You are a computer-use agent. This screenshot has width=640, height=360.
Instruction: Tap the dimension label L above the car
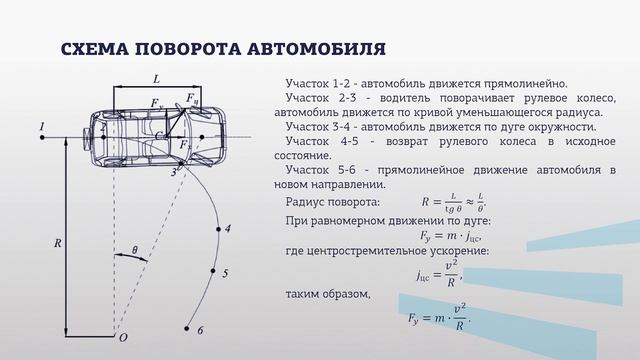coord(156,77)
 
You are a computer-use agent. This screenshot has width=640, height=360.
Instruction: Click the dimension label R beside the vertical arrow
coord(57,243)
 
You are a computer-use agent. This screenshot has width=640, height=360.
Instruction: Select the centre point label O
coord(123,338)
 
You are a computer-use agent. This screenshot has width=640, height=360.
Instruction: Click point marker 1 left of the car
coord(43,127)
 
